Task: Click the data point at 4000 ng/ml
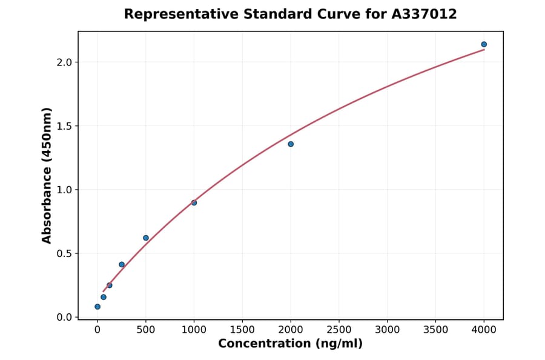click(484, 44)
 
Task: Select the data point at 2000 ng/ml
click(291, 144)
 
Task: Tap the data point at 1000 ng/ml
click(194, 202)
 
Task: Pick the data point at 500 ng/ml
click(146, 238)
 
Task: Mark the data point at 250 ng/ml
click(122, 264)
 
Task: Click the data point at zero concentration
click(97, 307)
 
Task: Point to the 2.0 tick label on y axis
click(65, 62)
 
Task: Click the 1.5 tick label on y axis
click(65, 126)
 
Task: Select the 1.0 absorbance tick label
click(65, 190)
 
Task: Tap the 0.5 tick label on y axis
click(65, 253)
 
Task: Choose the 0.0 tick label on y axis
click(65, 318)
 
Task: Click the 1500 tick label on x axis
click(242, 330)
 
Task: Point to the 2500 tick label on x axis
click(339, 330)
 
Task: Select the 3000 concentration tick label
click(388, 330)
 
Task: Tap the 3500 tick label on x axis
click(436, 330)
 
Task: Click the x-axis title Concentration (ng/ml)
click(291, 344)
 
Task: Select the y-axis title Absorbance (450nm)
click(47, 175)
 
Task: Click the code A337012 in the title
click(424, 14)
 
